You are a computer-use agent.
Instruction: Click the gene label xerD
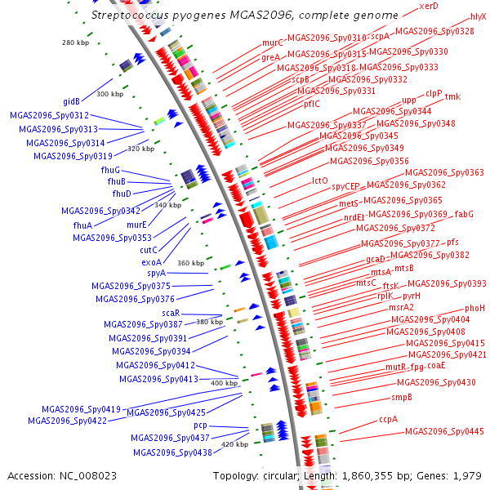(x=429, y=7)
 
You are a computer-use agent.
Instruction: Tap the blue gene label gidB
(x=72, y=102)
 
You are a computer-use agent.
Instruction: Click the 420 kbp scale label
(x=234, y=444)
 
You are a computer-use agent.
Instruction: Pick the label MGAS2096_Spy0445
(x=444, y=431)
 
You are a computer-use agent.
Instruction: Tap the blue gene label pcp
(x=200, y=425)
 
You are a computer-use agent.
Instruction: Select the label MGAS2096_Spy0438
(x=172, y=452)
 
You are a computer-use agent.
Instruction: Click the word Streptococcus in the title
(x=131, y=16)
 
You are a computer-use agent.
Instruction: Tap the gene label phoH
(x=474, y=308)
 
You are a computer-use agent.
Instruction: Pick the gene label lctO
(x=320, y=180)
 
